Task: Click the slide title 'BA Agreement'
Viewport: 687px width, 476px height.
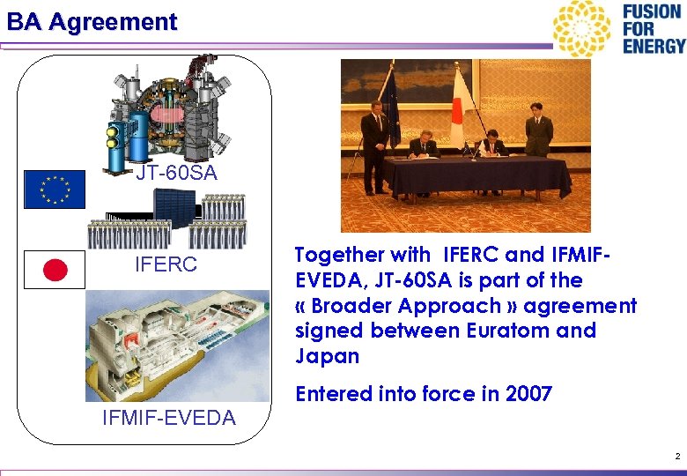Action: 92,21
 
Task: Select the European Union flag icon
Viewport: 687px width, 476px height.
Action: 55,189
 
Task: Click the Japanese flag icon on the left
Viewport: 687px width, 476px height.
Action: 55,271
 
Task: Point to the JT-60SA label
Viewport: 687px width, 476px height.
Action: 176,174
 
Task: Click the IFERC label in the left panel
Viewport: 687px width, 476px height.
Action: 165,264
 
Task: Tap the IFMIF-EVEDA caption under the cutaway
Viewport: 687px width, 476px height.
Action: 169,418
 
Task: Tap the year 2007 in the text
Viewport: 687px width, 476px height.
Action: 528,394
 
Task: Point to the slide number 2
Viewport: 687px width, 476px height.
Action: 676,456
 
